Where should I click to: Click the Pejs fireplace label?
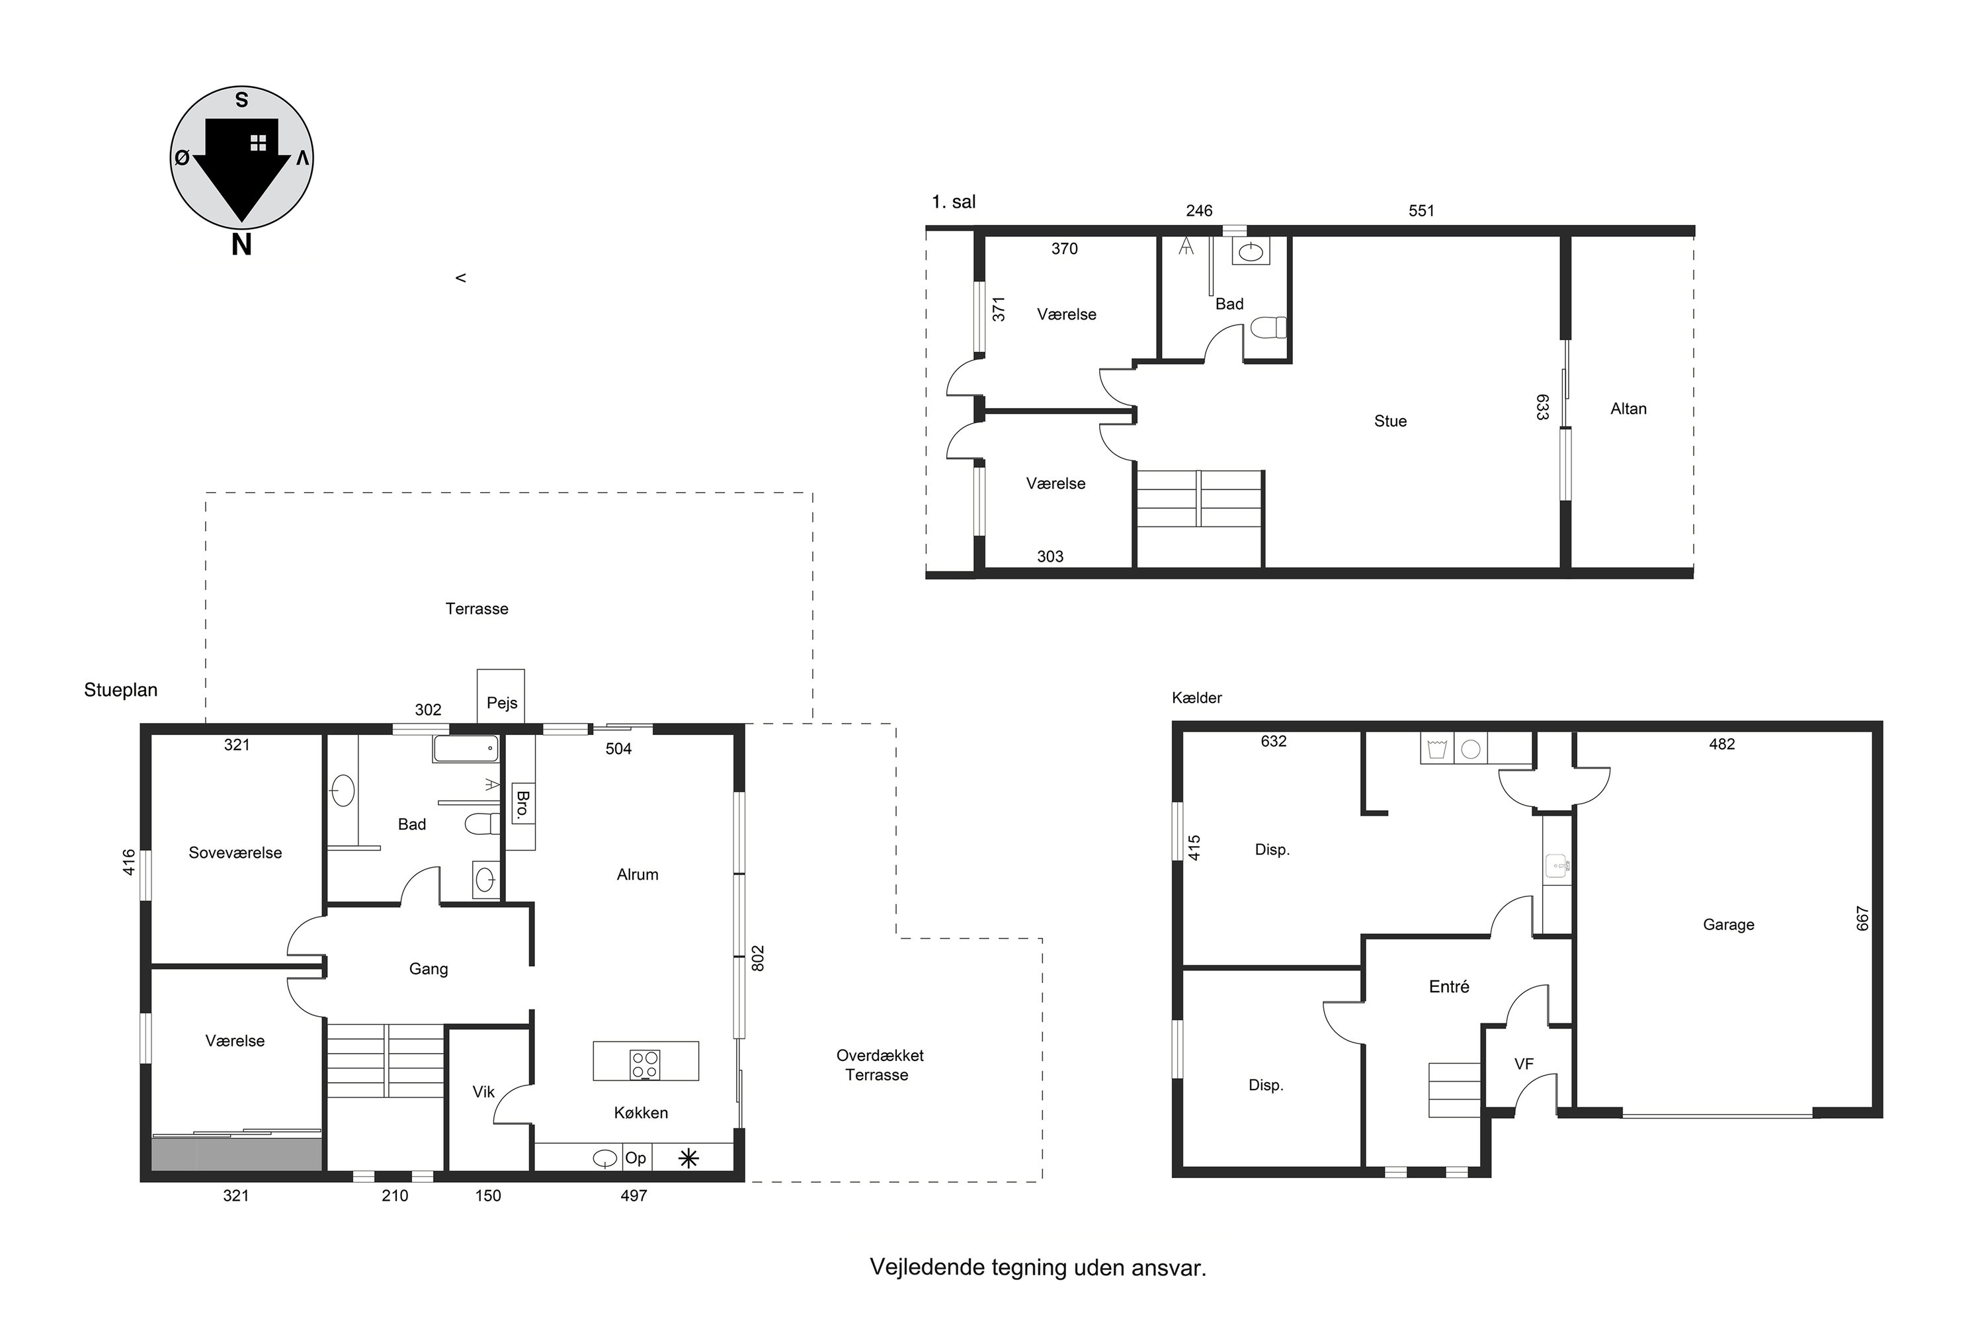point(502,703)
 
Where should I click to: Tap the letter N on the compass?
point(241,245)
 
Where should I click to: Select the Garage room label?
point(1729,925)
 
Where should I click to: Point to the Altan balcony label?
point(1628,408)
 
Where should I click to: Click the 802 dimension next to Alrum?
point(757,958)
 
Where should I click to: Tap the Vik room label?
point(483,1092)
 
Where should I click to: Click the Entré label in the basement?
point(1449,986)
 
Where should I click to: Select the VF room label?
point(1524,1064)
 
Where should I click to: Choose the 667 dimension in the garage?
point(1862,918)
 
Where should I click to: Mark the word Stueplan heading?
point(120,690)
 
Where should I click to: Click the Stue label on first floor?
point(1390,421)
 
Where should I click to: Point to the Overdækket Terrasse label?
point(879,1065)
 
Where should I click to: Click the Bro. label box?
point(522,806)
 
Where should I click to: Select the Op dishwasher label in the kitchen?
point(635,1158)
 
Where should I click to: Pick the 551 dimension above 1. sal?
point(1421,211)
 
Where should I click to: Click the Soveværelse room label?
point(235,853)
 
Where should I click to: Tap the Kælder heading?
point(1196,698)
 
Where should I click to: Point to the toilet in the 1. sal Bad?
point(1268,327)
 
